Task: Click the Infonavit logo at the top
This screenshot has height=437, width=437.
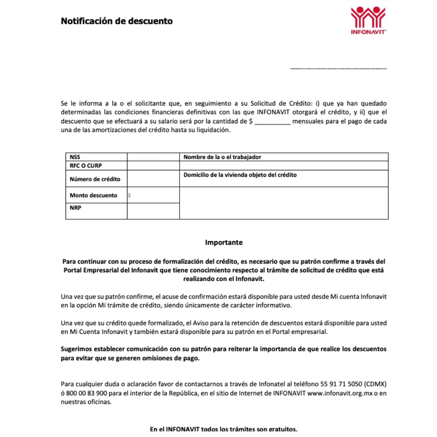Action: [368, 20]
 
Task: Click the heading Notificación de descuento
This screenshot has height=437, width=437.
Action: [117, 21]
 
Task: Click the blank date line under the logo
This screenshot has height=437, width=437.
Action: [338, 68]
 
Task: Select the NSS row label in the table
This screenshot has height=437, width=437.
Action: [75, 157]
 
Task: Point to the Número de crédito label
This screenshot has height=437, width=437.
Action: [95, 179]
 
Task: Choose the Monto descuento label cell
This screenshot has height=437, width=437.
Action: [93, 195]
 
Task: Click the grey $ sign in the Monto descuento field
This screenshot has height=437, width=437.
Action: [129, 195]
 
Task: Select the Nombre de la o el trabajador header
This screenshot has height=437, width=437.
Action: [222, 157]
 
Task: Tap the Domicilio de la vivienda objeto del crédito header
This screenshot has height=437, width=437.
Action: [240, 175]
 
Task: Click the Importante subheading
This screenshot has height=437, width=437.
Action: [224, 243]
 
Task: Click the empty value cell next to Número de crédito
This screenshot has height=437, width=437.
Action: [153, 179]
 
